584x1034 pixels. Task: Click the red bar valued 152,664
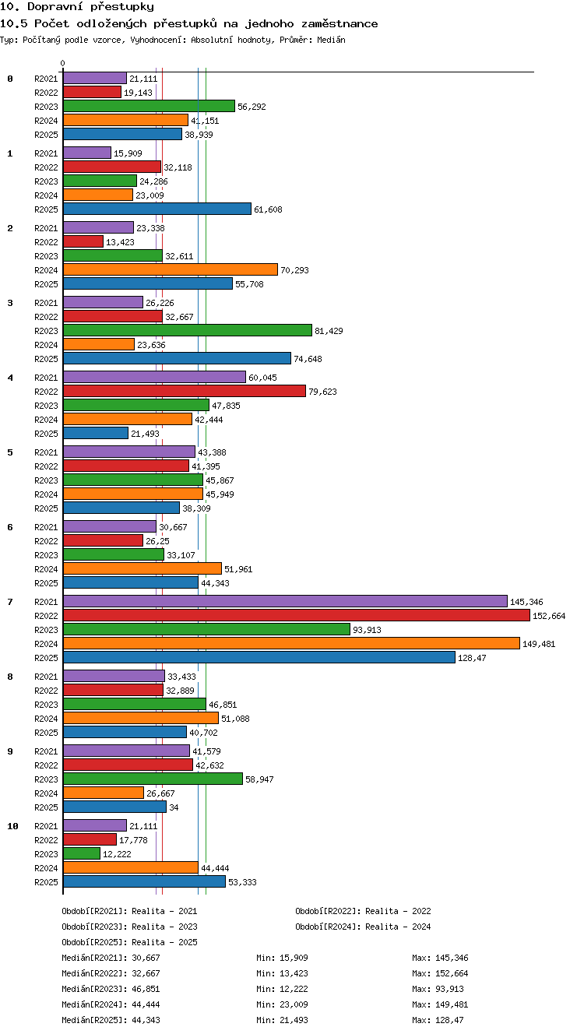[297, 615]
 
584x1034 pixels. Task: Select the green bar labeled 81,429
[188, 330]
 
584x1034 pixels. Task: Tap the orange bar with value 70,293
[171, 269]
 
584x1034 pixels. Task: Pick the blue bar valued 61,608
[157, 209]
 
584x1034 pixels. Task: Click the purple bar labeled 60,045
[154, 377]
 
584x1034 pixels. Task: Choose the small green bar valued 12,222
[82, 853]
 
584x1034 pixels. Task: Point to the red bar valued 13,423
[83, 241]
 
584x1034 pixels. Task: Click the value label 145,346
[526, 602]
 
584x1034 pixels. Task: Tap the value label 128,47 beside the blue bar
[472, 658]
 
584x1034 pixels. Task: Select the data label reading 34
[174, 807]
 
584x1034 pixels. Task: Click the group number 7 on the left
[10, 602]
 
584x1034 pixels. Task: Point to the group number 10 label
[12, 826]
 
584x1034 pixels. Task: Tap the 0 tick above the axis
[63, 63]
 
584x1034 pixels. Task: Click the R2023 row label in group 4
[46, 406]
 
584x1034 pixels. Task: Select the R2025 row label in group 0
[46, 135]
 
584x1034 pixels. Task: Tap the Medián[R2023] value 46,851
[146, 989]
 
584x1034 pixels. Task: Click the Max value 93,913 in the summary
[449, 989]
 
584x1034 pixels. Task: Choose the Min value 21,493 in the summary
[294, 1020]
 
